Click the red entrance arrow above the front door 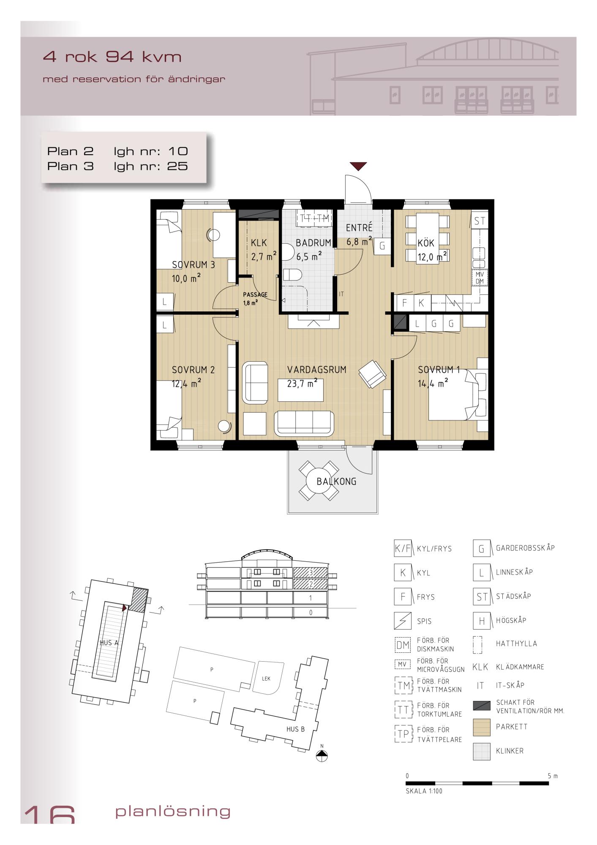(x=358, y=166)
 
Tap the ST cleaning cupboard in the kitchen (x=480, y=221)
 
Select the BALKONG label (x=336, y=481)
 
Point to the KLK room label (x=259, y=243)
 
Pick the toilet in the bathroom (x=292, y=275)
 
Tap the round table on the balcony (x=319, y=481)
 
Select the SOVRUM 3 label (x=194, y=265)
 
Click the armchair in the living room (x=372, y=373)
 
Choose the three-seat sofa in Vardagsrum (x=304, y=423)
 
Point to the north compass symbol (x=322, y=757)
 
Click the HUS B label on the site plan (x=295, y=729)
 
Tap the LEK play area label (x=266, y=679)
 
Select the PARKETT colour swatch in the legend (x=482, y=727)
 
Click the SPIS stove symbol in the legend (x=403, y=621)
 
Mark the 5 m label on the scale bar (x=553, y=776)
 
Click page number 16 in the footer (x=49, y=815)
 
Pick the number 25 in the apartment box (x=177, y=166)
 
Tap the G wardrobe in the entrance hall (x=382, y=246)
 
